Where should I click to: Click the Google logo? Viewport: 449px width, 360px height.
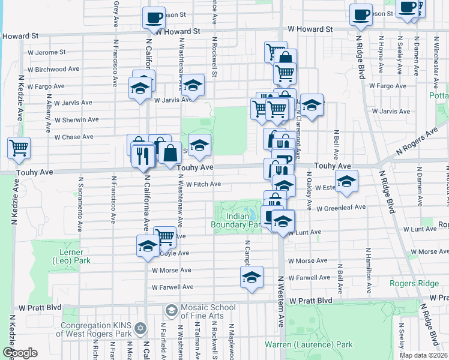click(x=20, y=353)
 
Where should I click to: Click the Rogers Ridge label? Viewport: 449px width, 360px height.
click(x=414, y=283)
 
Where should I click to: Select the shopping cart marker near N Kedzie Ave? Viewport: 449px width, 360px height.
click(x=19, y=148)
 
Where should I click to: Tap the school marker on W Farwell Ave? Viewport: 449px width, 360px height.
click(x=252, y=277)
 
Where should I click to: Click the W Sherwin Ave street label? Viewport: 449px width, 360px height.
click(x=76, y=119)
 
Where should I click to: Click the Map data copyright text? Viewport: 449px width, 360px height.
click(x=424, y=355)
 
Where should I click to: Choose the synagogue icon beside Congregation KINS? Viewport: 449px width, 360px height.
click(x=140, y=329)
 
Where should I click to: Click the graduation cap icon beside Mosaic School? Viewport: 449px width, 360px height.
click(x=171, y=310)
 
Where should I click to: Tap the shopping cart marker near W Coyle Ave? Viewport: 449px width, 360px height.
click(x=165, y=236)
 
